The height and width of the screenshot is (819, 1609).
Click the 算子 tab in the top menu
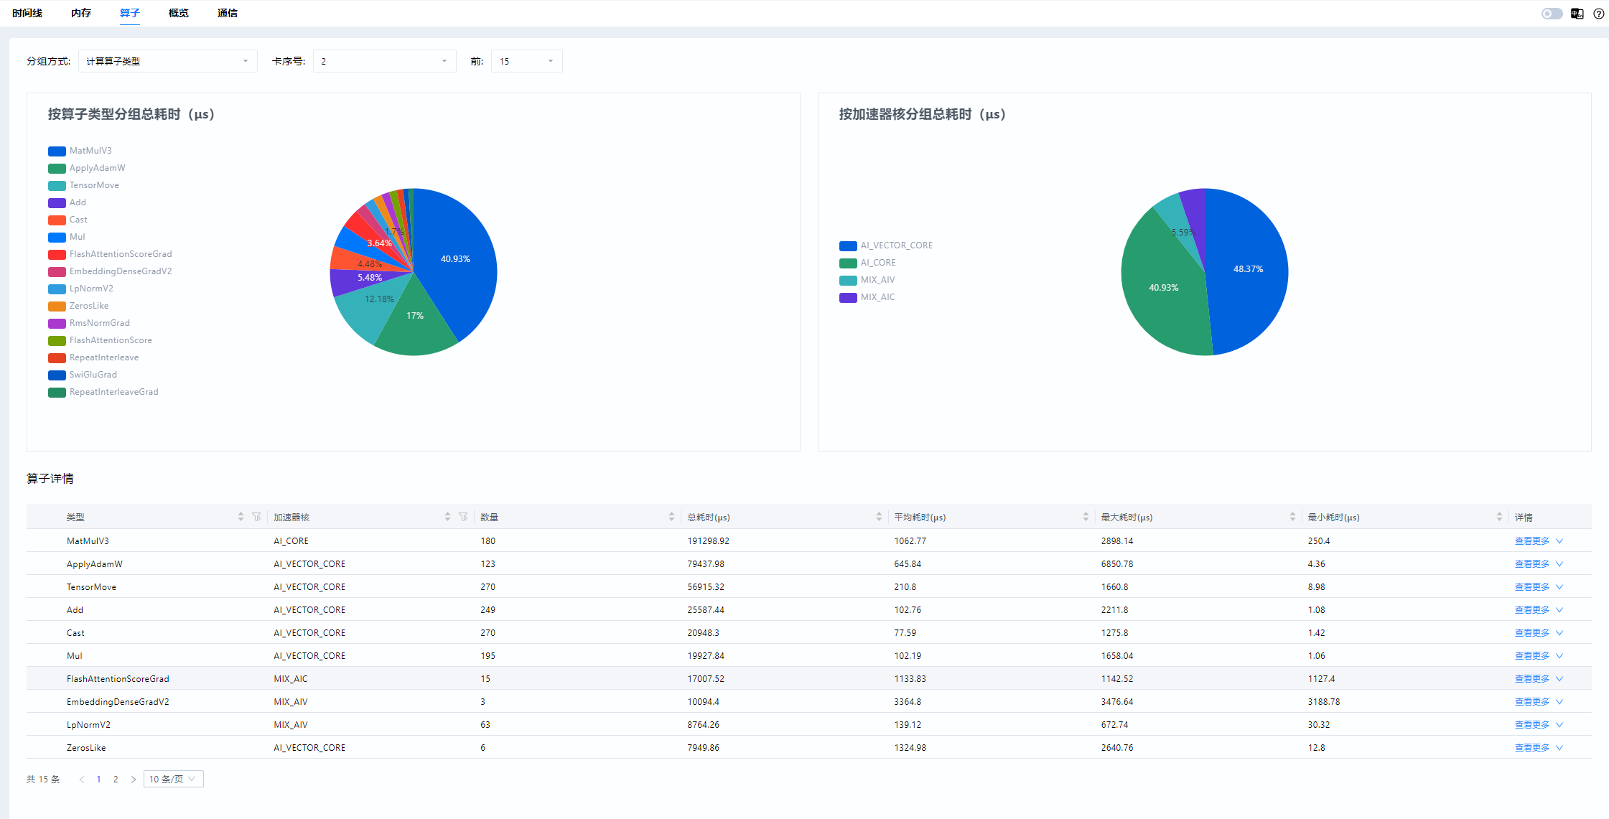129,13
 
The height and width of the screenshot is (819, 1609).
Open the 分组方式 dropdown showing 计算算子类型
167,61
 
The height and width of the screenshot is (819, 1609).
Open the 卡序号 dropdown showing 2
384,61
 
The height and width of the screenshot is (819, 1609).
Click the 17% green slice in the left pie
415,323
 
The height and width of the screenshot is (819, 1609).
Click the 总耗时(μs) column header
709,518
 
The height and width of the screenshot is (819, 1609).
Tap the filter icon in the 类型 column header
256,517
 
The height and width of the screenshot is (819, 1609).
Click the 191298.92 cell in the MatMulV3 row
708,541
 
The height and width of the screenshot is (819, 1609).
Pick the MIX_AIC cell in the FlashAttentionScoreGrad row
291,679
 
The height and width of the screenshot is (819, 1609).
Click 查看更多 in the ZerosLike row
1532,748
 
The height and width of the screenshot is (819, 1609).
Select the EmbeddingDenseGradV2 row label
118,702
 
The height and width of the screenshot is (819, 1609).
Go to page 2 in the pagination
116,780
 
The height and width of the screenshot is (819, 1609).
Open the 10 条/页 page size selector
173,780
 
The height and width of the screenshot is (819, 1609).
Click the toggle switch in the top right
1552,14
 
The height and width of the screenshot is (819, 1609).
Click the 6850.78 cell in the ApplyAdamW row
1117,564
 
